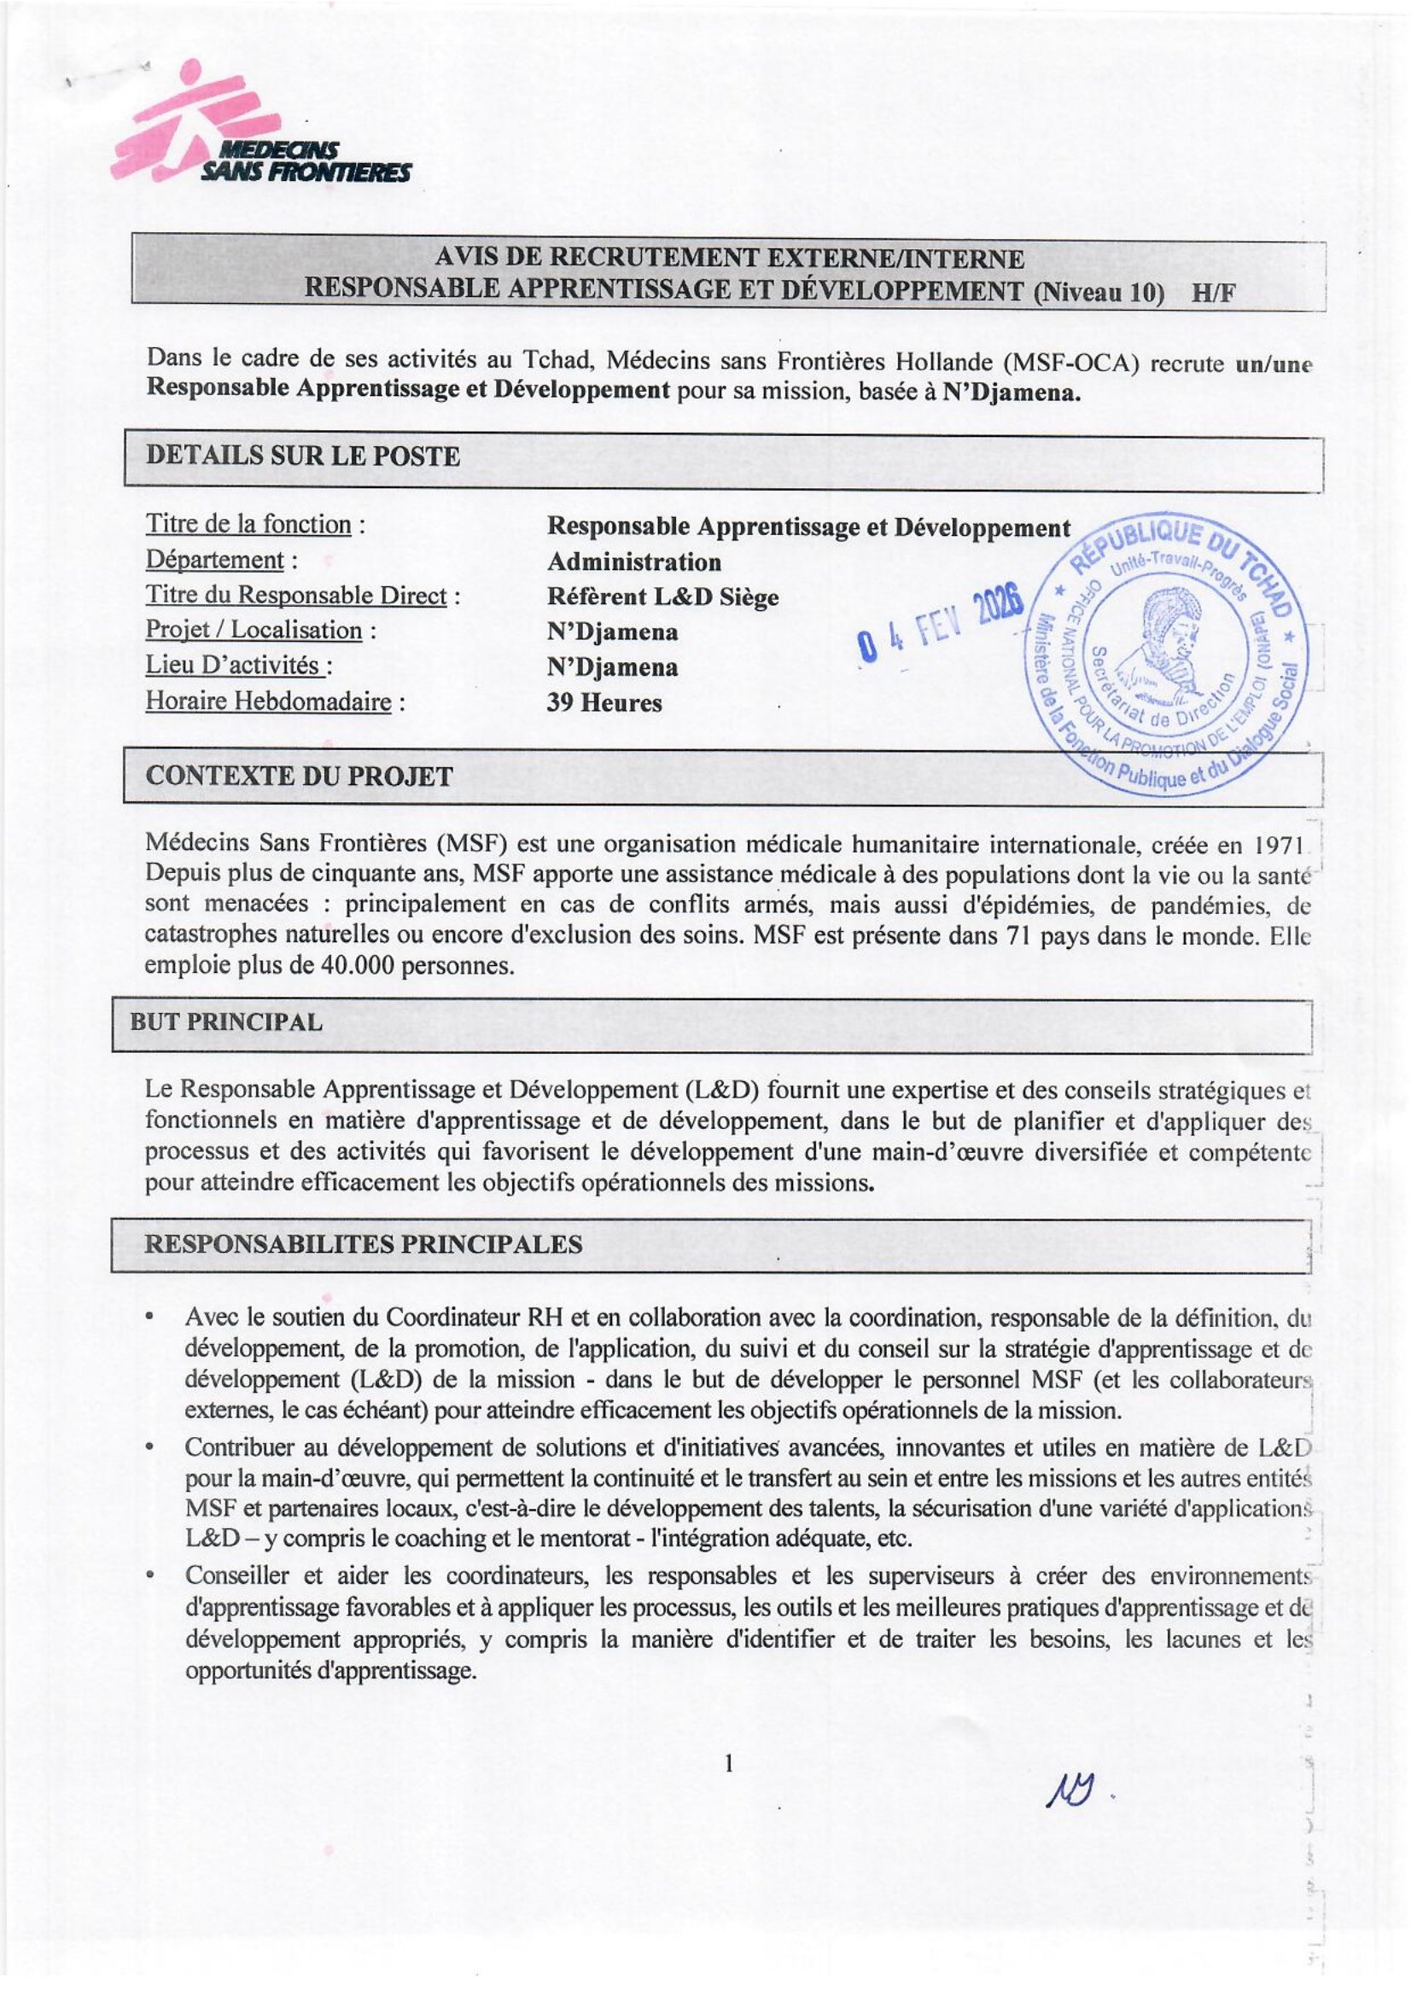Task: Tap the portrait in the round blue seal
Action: pyautogui.click(x=1167, y=647)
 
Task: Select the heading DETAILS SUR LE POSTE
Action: pyautogui.click(x=302, y=457)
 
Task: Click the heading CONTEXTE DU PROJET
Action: pyautogui.click(x=299, y=777)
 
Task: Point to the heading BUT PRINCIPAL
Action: pyautogui.click(x=226, y=1022)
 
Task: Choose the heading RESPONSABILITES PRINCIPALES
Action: pyautogui.click(x=363, y=1244)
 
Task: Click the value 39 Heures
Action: pyautogui.click(x=604, y=702)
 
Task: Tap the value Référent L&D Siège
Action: pyautogui.click(x=662, y=597)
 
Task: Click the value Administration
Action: pyautogui.click(x=633, y=562)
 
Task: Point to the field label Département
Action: pyautogui.click(x=215, y=560)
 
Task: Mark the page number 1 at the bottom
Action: pyautogui.click(x=728, y=1763)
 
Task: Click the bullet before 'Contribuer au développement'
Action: pyautogui.click(x=151, y=1448)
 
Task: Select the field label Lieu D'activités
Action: pyautogui.click(x=238, y=666)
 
